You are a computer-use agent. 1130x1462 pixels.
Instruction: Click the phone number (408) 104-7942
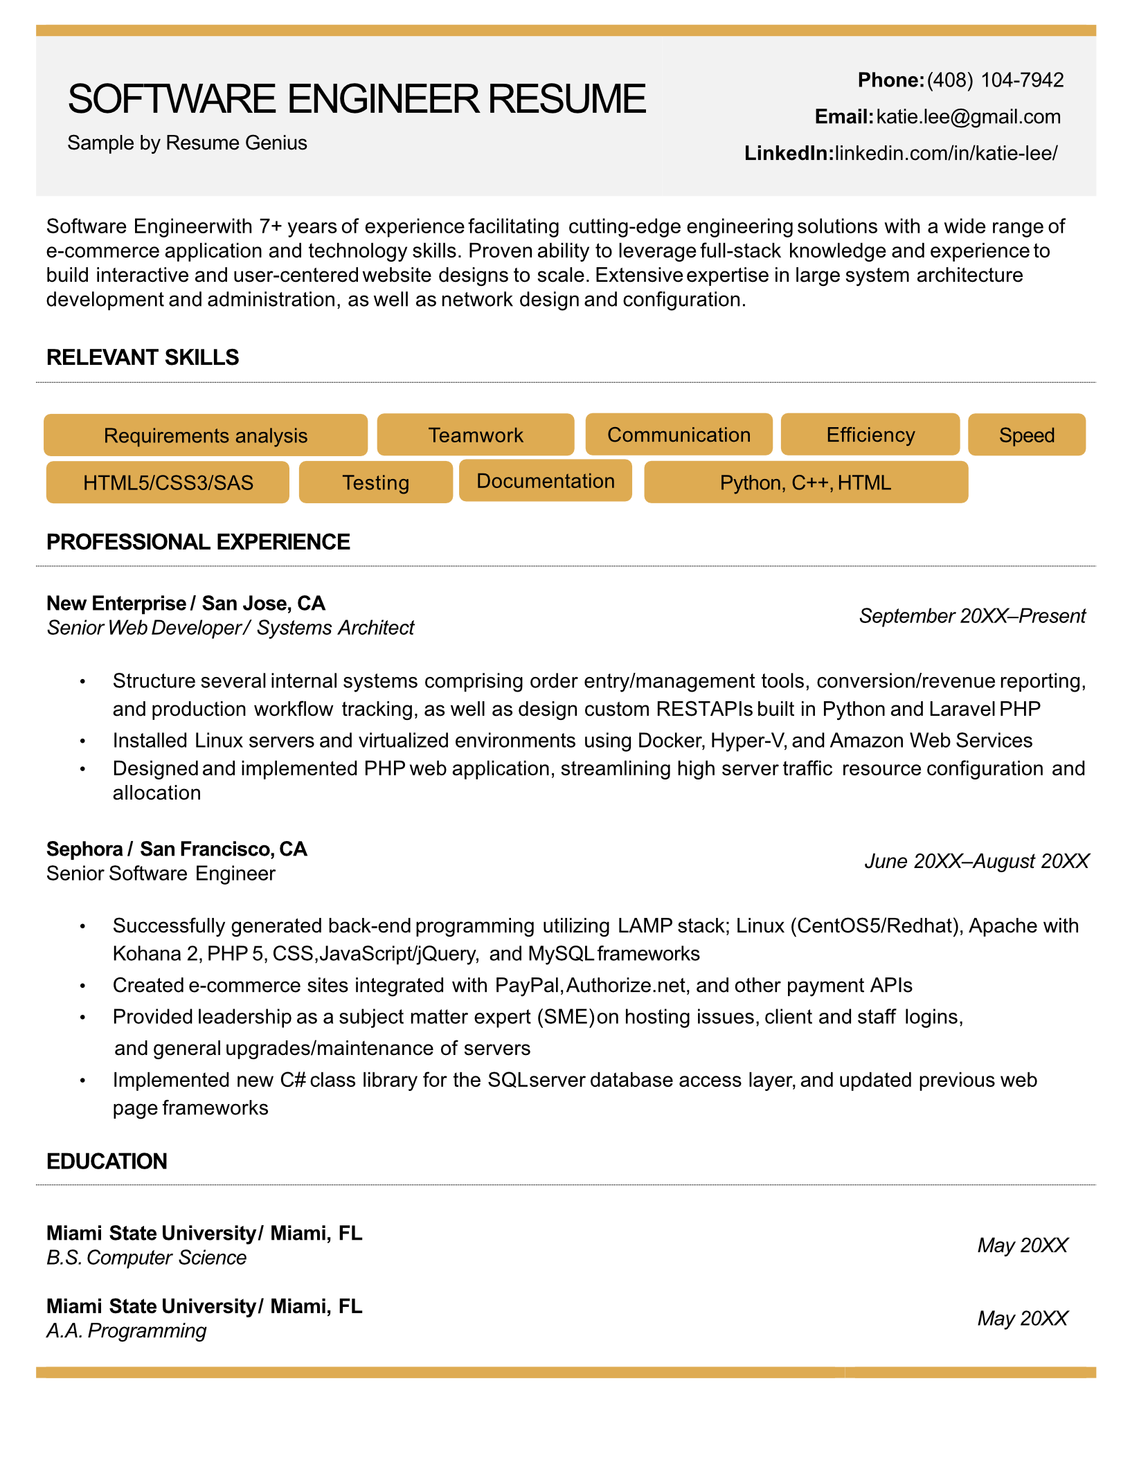tap(994, 80)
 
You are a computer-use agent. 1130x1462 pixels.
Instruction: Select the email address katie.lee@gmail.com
tap(967, 116)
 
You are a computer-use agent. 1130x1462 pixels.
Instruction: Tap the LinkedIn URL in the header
tap(945, 153)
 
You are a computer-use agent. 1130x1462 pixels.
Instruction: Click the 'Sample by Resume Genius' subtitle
tap(187, 143)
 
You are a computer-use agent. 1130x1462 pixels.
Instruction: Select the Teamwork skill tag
tap(476, 435)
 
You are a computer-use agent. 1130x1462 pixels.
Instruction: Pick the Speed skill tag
tap(1026, 435)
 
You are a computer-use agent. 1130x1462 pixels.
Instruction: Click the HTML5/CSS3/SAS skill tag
tap(168, 482)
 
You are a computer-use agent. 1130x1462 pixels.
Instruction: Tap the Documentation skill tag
tap(546, 481)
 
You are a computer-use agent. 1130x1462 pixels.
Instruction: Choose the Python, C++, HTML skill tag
tap(805, 482)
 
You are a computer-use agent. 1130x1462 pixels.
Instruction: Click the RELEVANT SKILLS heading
tap(143, 357)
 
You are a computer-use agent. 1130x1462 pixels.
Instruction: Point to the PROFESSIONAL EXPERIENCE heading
tap(198, 541)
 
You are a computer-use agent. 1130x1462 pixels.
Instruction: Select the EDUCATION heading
tap(107, 1161)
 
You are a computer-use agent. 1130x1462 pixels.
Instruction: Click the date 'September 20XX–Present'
tap(971, 615)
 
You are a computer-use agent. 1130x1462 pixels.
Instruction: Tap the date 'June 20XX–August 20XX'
tap(976, 861)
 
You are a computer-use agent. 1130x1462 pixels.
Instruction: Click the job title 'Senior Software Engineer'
tap(161, 874)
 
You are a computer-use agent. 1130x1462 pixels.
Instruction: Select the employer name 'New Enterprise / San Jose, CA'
tap(186, 603)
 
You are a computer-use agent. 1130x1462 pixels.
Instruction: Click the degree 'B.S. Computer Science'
tap(146, 1257)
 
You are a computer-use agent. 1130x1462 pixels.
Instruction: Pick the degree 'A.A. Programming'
tap(126, 1330)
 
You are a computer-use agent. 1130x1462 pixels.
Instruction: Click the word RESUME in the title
tap(567, 98)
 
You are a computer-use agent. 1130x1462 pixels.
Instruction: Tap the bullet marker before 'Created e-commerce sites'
tap(82, 986)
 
